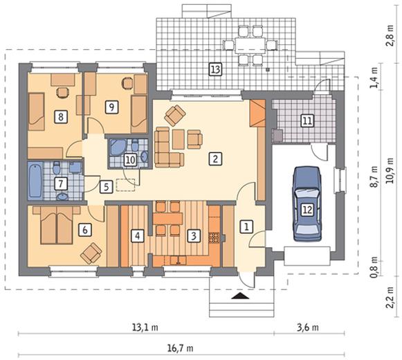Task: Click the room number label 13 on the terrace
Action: [x=215, y=69]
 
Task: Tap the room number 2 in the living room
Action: [x=215, y=159]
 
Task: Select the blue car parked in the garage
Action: [x=307, y=204]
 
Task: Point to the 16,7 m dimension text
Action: [x=181, y=348]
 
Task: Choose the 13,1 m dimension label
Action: [x=145, y=327]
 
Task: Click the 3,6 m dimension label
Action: [x=308, y=327]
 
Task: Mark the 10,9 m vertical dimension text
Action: [x=390, y=170]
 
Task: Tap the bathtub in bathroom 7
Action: [x=35, y=181]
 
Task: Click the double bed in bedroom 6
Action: [x=57, y=225]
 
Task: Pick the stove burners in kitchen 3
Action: [x=214, y=237]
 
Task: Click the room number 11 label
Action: [x=307, y=120]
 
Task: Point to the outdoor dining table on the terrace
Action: [x=250, y=46]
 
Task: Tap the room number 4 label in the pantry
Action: [x=138, y=236]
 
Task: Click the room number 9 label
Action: [x=112, y=107]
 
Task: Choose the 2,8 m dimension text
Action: [x=390, y=35]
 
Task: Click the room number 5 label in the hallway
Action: [x=106, y=187]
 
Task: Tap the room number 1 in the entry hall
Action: [x=246, y=226]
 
